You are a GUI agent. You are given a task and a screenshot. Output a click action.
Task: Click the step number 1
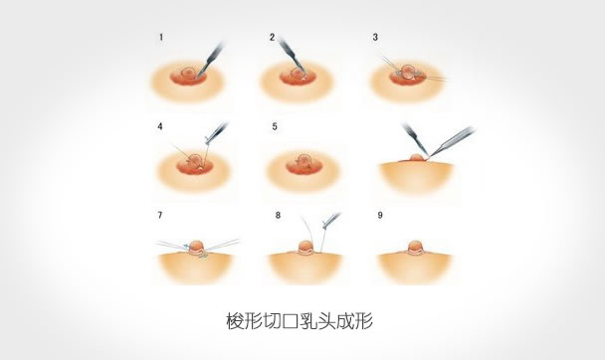[161, 38]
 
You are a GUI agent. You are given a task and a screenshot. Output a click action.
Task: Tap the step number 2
[273, 38]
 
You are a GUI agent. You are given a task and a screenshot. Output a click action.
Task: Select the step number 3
[375, 38]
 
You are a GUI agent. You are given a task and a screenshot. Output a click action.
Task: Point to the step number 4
[160, 126]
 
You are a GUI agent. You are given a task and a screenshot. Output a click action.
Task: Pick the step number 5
[275, 126]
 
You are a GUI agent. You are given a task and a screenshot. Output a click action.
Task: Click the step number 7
[160, 215]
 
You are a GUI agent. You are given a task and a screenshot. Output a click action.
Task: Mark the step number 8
[278, 215]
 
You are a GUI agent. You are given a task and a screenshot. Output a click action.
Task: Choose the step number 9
[380, 215]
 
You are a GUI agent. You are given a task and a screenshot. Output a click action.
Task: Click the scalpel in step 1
[211, 60]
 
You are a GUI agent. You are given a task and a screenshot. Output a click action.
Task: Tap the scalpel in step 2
[291, 55]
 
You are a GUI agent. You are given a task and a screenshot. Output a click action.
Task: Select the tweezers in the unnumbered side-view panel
[452, 141]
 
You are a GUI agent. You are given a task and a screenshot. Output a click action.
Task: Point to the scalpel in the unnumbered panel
[415, 139]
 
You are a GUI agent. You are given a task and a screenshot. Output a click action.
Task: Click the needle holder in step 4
[216, 133]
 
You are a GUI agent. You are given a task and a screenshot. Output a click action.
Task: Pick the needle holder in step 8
[330, 221]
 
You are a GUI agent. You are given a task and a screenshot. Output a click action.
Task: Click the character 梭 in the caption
[235, 321]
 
